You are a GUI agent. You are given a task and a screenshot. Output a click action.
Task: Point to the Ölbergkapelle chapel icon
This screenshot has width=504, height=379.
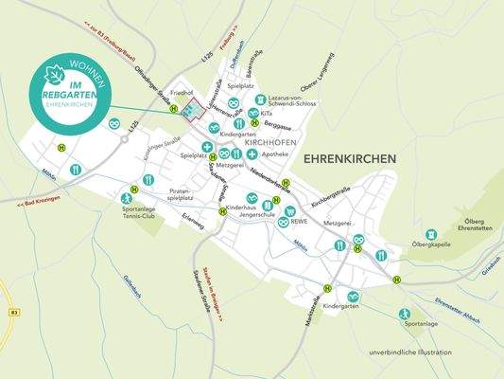coord(430,233)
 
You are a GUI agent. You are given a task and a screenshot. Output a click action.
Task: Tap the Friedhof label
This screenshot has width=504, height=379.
coord(182,94)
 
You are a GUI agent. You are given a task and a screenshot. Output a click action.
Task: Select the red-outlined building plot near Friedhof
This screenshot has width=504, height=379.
coord(193,112)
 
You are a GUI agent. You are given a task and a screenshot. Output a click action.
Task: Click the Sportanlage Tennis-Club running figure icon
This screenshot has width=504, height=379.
coord(127,198)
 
